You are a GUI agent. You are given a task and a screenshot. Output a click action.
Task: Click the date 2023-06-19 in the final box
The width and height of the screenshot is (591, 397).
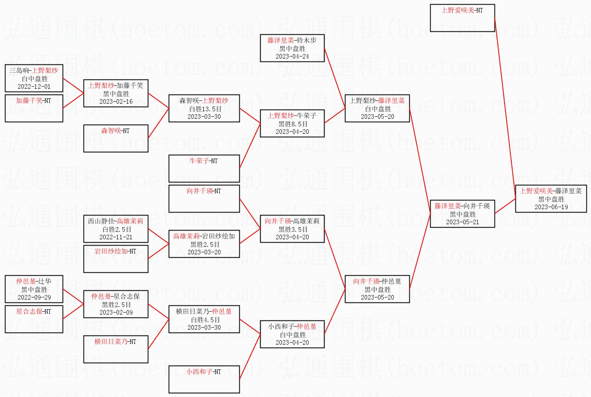[x=551, y=207]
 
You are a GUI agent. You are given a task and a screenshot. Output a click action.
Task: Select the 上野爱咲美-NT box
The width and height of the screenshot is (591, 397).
[x=462, y=18]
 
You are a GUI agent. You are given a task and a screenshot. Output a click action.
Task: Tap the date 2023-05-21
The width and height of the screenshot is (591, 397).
[x=462, y=222]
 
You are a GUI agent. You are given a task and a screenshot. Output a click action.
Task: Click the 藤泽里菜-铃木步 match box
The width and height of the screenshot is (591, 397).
[x=292, y=48]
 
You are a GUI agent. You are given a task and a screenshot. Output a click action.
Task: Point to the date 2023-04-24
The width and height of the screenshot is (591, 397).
[x=292, y=56]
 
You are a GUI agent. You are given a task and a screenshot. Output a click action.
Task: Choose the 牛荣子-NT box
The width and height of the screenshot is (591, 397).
[x=204, y=168]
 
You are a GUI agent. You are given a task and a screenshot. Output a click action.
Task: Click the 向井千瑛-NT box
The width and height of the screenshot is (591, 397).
[x=204, y=198]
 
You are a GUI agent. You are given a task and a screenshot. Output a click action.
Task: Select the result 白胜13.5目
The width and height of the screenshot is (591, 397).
[x=204, y=109]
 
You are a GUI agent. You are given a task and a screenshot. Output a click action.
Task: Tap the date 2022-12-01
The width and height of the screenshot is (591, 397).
[x=34, y=87]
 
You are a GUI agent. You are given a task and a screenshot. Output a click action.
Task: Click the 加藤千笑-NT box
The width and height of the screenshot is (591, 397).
[x=34, y=108]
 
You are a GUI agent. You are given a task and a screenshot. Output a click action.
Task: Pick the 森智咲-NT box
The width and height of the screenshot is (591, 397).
[x=116, y=138]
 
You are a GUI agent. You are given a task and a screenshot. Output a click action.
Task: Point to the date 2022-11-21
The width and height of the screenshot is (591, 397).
[x=116, y=237]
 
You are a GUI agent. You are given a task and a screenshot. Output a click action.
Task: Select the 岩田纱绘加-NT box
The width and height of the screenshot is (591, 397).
[x=116, y=259]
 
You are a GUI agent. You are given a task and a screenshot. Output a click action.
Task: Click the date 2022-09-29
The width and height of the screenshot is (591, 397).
[x=34, y=297]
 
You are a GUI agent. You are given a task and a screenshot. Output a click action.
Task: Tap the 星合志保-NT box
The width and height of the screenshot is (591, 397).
[x=34, y=319]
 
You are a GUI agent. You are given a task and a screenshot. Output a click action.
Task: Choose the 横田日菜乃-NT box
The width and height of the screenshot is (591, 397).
[x=116, y=349]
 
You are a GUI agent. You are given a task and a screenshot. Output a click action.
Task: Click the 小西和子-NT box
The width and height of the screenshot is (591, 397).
[x=204, y=379]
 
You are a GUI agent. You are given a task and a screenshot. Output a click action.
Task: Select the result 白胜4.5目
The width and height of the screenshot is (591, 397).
[x=204, y=320]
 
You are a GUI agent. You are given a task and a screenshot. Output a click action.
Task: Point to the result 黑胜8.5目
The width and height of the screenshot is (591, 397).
[x=292, y=124]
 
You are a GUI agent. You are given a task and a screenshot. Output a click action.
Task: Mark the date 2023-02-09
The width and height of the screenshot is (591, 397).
[x=116, y=312]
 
